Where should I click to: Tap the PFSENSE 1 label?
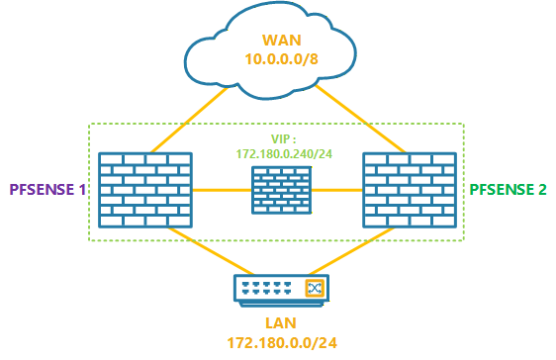[x=46, y=188]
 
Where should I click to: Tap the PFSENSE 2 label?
[x=508, y=188]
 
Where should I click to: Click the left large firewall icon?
[x=145, y=188]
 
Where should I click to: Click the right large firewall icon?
[x=409, y=188]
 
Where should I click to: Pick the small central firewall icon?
[x=277, y=189]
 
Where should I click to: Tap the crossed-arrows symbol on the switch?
[x=315, y=289]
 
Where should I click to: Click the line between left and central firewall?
[x=221, y=188]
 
